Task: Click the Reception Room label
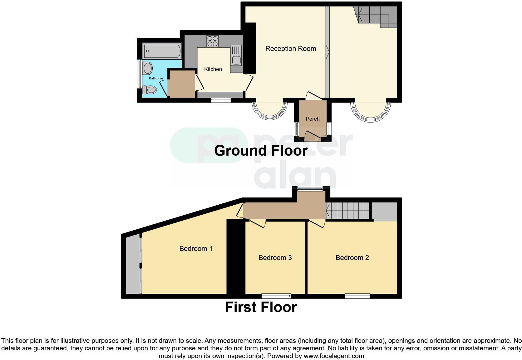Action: (x=290, y=49)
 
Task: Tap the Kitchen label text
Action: (x=213, y=69)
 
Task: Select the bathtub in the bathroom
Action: (x=162, y=52)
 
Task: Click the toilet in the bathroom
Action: (x=149, y=90)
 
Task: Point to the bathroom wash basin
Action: (x=147, y=68)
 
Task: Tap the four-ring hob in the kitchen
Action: (x=212, y=41)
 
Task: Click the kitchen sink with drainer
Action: (x=236, y=56)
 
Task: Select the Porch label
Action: (x=313, y=119)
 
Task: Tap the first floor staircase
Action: (x=347, y=211)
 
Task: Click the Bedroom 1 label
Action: (x=196, y=249)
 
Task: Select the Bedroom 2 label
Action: (x=352, y=258)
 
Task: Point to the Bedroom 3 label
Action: (x=275, y=258)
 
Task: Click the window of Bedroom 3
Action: (x=276, y=296)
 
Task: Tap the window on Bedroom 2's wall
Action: (x=357, y=296)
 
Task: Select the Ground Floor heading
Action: (x=261, y=151)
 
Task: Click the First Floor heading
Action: (x=261, y=307)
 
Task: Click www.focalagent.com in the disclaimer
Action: (x=333, y=356)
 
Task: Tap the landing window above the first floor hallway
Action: (x=310, y=188)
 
